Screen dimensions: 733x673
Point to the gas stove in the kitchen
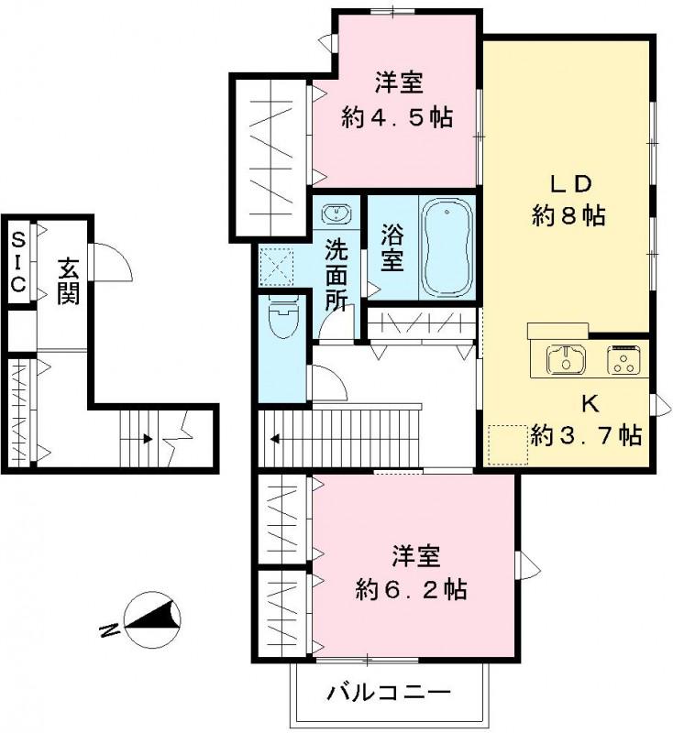click(x=625, y=359)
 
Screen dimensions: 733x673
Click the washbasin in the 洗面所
click(x=336, y=214)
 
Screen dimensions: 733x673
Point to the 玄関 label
click(x=68, y=280)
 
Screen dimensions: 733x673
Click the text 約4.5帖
click(x=397, y=117)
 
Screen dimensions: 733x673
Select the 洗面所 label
click(x=337, y=273)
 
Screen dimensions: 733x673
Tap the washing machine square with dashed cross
click(x=275, y=267)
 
